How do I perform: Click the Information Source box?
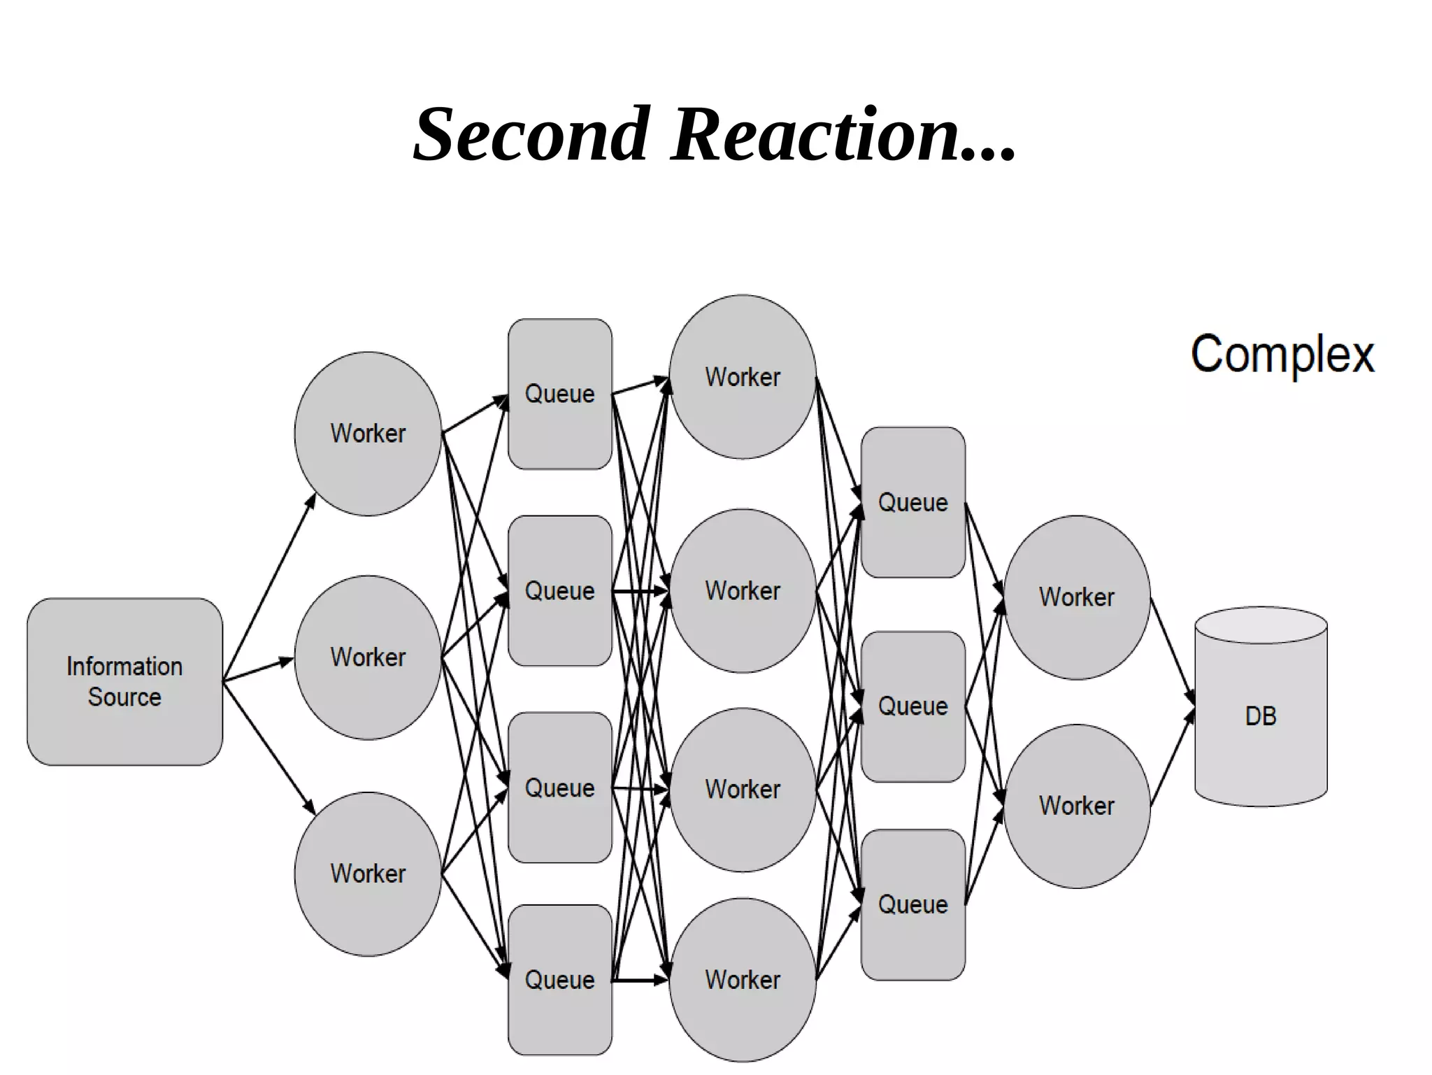tap(124, 681)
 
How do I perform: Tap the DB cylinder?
tap(1261, 713)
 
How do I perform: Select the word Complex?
tap(1282, 355)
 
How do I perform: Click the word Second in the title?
tap(531, 134)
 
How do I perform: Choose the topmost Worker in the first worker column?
tap(368, 434)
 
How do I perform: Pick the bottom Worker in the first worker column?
tap(368, 874)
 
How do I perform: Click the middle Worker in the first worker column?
tap(368, 657)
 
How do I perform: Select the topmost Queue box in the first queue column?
tap(559, 394)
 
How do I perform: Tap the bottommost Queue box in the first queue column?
tap(559, 979)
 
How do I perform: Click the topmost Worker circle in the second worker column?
tap(743, 377)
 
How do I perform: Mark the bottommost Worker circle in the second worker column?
tap(743, 979)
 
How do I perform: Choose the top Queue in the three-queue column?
tap(912, 502)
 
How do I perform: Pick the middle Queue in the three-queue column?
tap(912, 706)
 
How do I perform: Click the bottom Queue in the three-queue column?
tap(912, 904)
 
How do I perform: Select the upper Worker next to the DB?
tap(1077, 597)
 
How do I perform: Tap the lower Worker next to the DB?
tap(1077, 806)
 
